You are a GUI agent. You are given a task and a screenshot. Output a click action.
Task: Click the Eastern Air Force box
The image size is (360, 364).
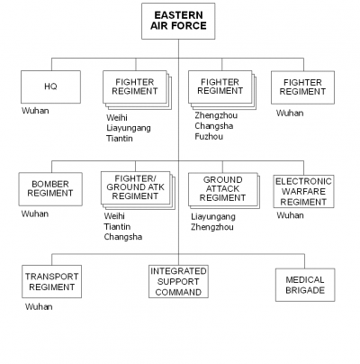pyautogui.click(x=178, y=21)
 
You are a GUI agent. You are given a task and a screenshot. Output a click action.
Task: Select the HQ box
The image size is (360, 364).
pyautogui.click(x=50, y=86)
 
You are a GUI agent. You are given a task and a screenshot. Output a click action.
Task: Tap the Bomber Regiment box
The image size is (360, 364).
pyautogui.click(x=50, y=189)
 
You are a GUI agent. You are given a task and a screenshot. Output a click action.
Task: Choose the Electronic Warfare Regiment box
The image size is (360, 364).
pyautogui.click(x=303, y=192)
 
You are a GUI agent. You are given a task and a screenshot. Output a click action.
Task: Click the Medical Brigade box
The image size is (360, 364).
pyautogui.click(x=305, y=285)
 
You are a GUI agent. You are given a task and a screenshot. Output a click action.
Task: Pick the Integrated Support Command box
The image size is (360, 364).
pyautogui.click(x=178, y=281)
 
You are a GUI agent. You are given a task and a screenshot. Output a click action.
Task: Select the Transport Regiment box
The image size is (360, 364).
pyautogui.click(x=51, y=281)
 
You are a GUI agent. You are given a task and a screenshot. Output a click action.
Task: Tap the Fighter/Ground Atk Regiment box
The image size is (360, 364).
pyautogui.click(x=136, y=187)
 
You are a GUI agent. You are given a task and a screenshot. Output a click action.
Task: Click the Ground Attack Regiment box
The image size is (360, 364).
pyautogui.click(x=223, y=189)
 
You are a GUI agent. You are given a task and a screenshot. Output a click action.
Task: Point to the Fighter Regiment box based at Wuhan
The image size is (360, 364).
pyautogui.click(x=302, y=87)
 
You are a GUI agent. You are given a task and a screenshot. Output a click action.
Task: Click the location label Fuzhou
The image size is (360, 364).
pyautogui.click(x=209, y=137)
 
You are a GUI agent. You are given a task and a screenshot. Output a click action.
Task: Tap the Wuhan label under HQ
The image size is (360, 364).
pyautogui.click(x=35, y=111)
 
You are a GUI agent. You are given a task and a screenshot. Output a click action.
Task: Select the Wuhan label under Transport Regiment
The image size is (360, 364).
pyautogui.click(x=39, y=306)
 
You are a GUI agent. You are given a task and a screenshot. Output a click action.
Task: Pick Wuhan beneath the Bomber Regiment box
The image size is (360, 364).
pyautogui.click(x=35, y=214)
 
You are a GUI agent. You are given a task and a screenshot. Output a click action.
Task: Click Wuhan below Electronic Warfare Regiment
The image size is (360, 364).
pyautogui.click(x=290, y=215)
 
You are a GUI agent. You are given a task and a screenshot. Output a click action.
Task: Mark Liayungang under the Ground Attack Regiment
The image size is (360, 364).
pyautogui.click(x=213, y=217)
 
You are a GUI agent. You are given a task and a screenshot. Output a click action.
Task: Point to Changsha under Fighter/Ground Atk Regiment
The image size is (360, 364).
pyautogui.click(x=123, y=237)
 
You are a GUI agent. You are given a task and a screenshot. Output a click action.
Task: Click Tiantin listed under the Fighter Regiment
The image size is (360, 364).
pyautogui.click(x=120, y=139)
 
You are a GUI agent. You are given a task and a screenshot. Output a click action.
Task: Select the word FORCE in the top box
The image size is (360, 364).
pyautogui.click(x=189, y=26)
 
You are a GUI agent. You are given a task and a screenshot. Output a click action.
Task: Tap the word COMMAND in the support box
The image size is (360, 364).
pyautogui.click(x=178, y=292)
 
